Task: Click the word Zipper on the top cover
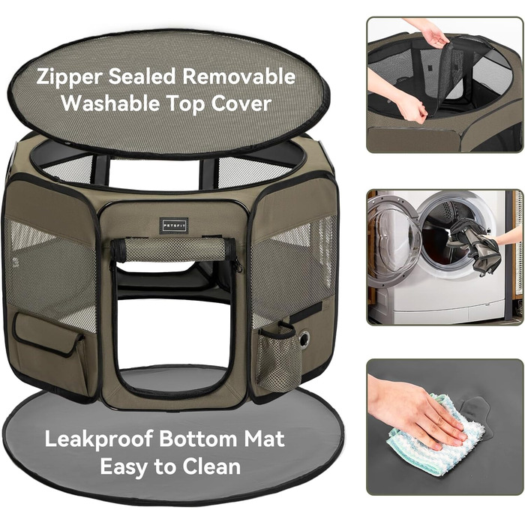[69, 77]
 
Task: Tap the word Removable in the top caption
[238, 76]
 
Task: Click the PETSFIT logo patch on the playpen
[174, 225]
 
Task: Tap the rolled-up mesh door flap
[173, 250]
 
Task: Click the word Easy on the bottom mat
[125, 467]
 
